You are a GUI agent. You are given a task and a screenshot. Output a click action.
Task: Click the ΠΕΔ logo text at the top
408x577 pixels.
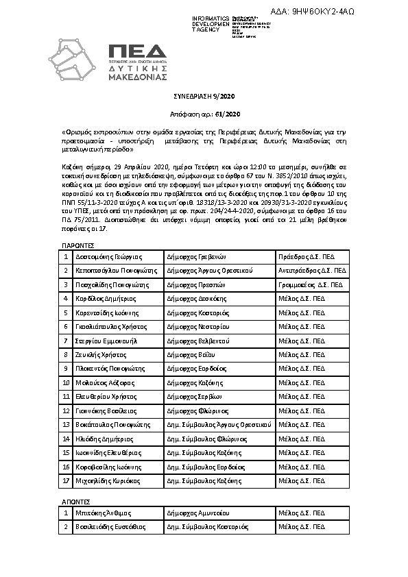137,51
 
